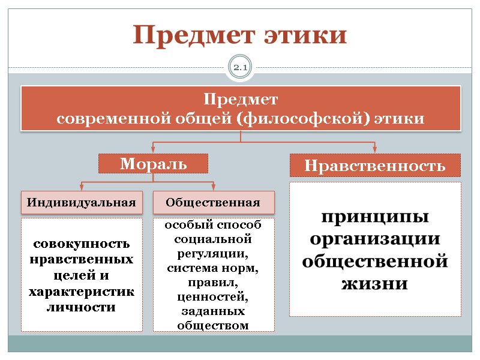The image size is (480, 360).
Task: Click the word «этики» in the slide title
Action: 305,35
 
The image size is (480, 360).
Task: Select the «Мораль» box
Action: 153,163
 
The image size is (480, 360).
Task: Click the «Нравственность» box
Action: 375,165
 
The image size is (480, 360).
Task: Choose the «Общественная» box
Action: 214,202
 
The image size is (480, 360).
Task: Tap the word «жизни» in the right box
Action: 375,283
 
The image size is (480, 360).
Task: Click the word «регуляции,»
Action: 214,253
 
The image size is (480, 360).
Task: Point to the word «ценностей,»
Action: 214,296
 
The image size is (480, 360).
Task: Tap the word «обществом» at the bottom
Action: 214,325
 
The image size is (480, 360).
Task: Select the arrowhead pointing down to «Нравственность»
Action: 375,149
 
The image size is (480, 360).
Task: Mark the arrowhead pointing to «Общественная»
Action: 214,187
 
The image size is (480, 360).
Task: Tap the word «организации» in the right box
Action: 375,238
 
